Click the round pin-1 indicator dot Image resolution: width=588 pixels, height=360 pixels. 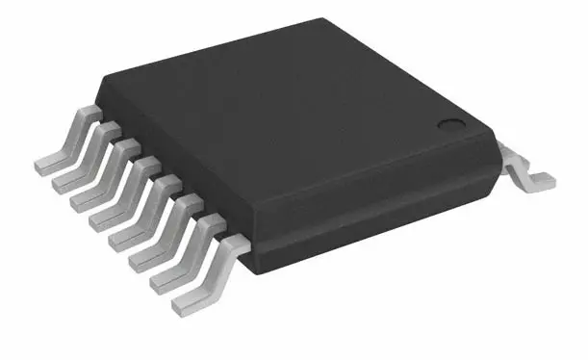click(450, 124)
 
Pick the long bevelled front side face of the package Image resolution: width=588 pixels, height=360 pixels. click(375, 202)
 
